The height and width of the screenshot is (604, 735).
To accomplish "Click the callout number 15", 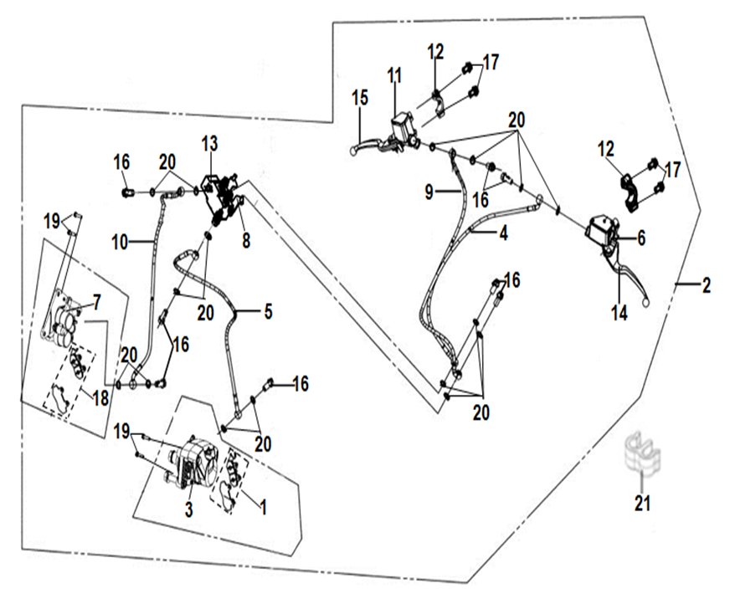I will pos(360,98).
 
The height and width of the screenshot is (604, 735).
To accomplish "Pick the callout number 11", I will pos(394,75).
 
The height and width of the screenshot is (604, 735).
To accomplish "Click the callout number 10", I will pos(120,243).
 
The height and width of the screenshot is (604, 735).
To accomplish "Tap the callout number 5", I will pos(267,312).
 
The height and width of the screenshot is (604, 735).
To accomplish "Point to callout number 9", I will pos(429,192).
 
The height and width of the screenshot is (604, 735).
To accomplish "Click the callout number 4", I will pos(503,234).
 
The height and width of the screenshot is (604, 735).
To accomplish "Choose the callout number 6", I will pos(640,238).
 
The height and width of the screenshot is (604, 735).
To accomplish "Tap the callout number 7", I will pos(97,299).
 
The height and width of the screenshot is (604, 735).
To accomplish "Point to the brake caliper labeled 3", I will pos(192,460).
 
